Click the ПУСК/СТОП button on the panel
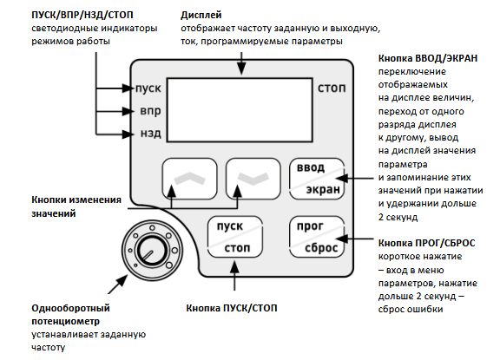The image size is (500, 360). point(235,237)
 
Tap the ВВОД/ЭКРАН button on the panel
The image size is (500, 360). point(317,179)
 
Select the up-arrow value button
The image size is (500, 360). point(189,179)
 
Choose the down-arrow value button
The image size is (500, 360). point(253,179)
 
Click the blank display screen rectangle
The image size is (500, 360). point(240,109)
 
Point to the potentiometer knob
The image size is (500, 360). point(152,250)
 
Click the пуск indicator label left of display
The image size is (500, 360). point(148,88)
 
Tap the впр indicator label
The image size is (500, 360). point(150,111)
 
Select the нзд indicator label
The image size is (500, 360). point(150,134)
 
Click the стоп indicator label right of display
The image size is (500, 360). point(332,88)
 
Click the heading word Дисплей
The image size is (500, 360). point(201,15)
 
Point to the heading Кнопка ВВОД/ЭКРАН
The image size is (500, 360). point(428,58)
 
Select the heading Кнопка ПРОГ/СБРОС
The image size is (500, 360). point(427,243)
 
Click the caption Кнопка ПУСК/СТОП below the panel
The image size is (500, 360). point(232,308)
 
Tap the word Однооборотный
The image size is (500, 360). point(70,309)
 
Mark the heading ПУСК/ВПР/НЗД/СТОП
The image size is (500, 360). point(82,15)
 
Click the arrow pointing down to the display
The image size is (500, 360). point(241,63)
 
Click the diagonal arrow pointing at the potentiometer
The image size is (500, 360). point(118,285)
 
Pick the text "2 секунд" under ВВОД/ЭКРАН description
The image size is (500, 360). point(398,217)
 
